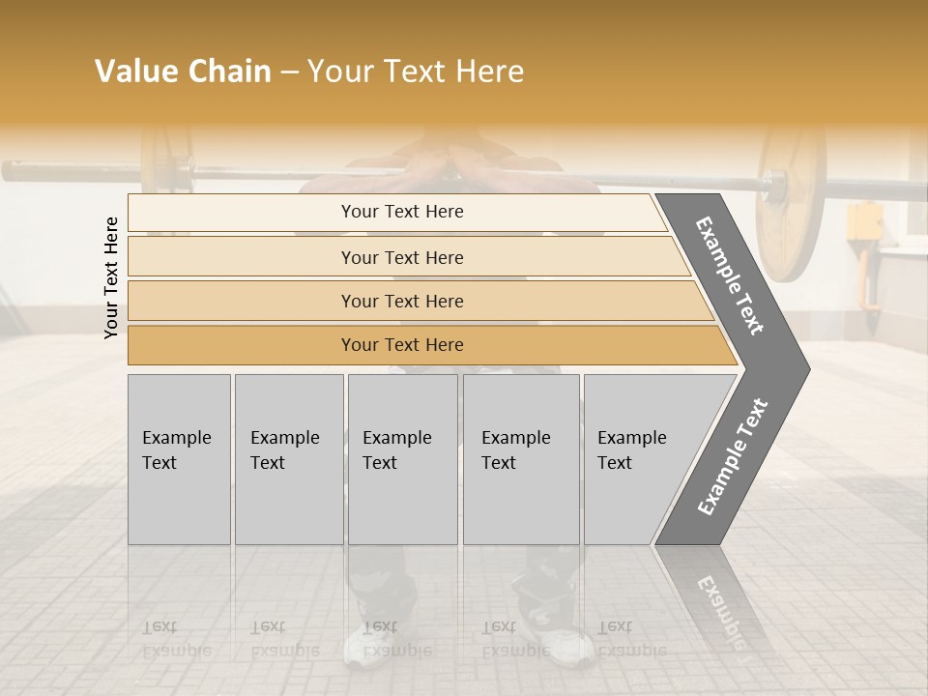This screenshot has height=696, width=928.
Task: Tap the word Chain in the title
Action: click(x=229, y=72)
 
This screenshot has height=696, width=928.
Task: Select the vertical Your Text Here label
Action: click(x=111, y=277)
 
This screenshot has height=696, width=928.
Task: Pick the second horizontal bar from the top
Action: click(x=402, y=257)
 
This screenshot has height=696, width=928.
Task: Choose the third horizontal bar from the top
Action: click(x=402, y=301)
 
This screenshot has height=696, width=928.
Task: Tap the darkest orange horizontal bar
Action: click(x=402, y=345)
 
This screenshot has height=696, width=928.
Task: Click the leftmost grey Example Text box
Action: click(x=179, y=458)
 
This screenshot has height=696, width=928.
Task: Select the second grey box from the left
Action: click(x=288, y=458)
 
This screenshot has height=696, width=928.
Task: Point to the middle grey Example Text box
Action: click(x=402, y=458)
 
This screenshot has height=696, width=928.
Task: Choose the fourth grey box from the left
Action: click(x=521, y=458)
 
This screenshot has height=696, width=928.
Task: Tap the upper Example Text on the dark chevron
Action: click(x=730, y=275)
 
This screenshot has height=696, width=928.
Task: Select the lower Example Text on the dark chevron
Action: click(x=733, y=457)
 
